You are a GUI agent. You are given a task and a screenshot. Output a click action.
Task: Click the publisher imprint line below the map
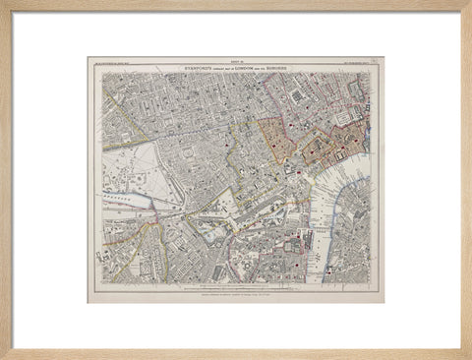pyautogui.click(x=236, y=292)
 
